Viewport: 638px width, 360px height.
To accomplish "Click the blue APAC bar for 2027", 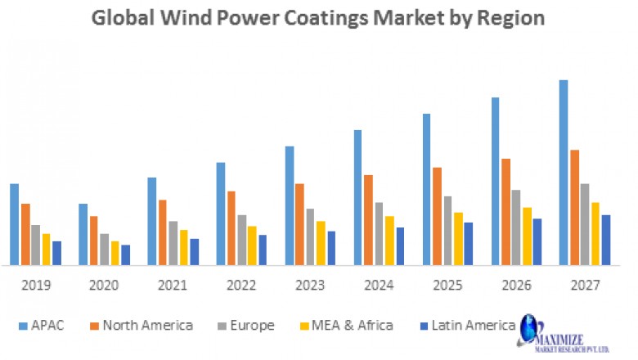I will [564, 173].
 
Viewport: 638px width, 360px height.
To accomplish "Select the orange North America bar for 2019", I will [25, 234].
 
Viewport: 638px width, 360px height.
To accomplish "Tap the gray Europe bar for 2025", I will [447, 231].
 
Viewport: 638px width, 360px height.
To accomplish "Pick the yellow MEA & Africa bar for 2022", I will [229, 245].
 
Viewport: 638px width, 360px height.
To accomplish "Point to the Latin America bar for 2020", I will [125, 254].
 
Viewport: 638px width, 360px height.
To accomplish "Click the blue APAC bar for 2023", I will [290, 205].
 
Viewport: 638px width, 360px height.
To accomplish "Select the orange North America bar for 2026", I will [505, 212].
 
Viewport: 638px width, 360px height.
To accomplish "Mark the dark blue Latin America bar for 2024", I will [400, 246].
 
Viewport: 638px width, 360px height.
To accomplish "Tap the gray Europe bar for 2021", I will [173, 243].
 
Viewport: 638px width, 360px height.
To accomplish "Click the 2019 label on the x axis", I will [35, 286].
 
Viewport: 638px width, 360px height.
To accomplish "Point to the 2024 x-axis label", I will [380, 286].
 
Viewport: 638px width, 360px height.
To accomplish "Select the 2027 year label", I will [585, 286].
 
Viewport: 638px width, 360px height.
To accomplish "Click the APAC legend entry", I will [41, 326].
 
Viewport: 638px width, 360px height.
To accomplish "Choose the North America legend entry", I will [141, 326].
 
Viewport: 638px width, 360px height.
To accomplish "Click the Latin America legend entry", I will [465, 326].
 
